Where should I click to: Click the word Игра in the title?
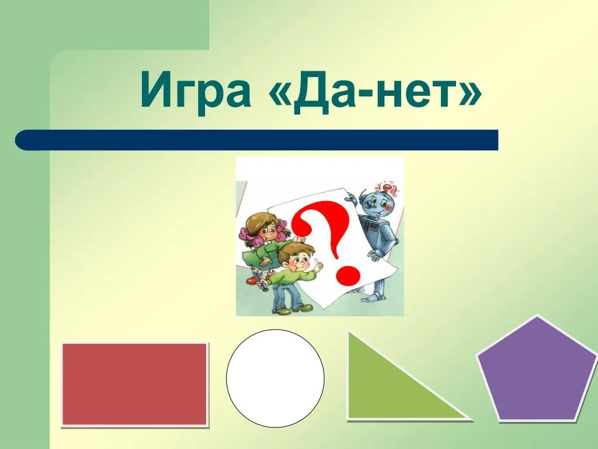pos(196,90)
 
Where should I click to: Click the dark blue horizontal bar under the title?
pos(257,140)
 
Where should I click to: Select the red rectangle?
pos(135,384)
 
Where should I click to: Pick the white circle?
pos(275,378)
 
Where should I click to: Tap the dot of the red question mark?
pos(348,275)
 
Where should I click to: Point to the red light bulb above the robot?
pos(388,187)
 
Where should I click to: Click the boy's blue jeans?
pos(284,295)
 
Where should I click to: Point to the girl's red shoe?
pos(252,280)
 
